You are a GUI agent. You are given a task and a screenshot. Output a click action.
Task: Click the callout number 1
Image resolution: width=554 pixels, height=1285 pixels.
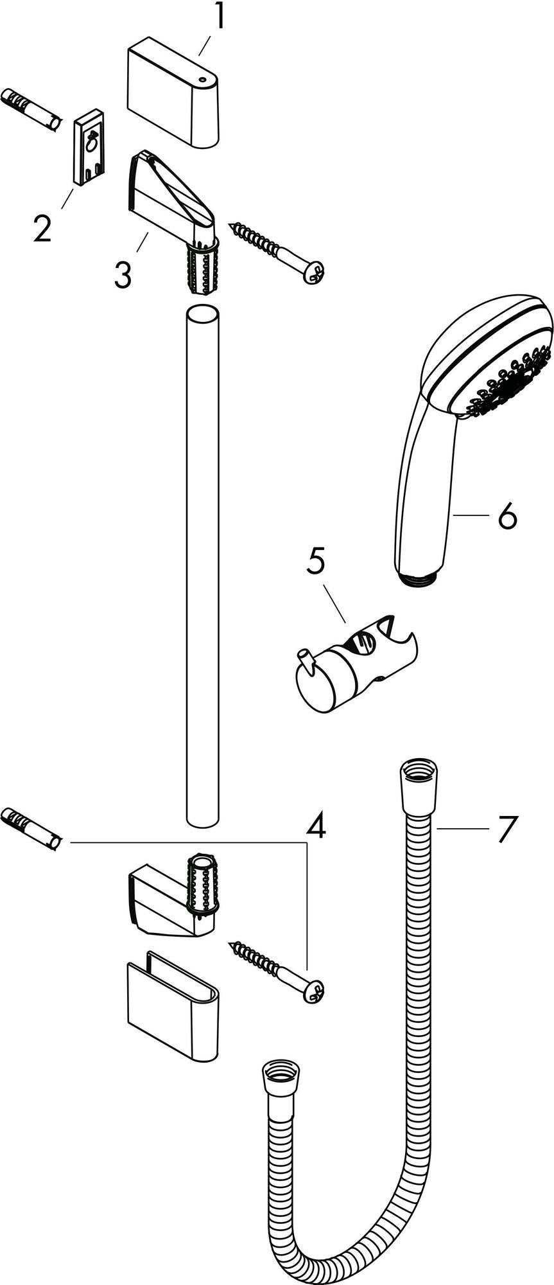click(x=220, y=17)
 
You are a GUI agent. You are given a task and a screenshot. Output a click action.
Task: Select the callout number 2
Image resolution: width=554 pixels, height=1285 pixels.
click(x=42, y=228)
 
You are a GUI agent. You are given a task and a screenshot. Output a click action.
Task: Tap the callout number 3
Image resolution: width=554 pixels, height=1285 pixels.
click(x=123, y=274)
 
